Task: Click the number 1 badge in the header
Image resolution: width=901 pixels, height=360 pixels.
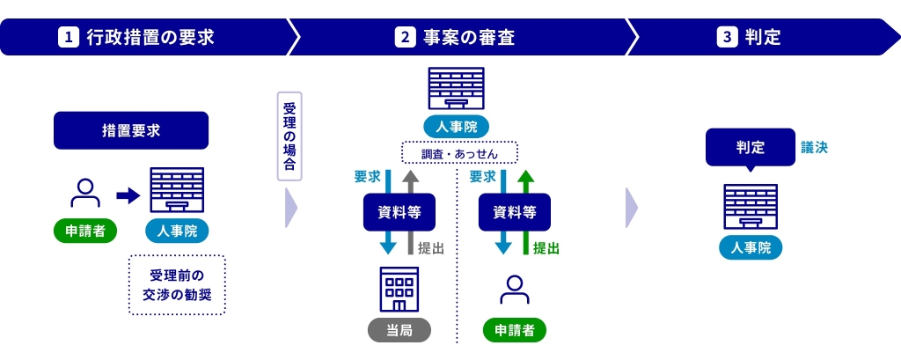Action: click(x=68, y=38)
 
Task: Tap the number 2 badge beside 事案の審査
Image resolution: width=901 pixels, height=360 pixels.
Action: click(x=405, y=38)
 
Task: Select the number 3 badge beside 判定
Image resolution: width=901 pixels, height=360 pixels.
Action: click(x=727, y=38)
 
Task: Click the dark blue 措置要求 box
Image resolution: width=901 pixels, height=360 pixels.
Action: click(x=131, y=130)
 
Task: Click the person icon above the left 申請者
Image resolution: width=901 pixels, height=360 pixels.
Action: click(x=84, y=193)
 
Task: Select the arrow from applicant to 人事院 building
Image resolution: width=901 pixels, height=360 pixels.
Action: click(x=128, y=195)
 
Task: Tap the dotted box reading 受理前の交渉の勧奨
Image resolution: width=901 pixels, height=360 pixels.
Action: click(x=177, y=283)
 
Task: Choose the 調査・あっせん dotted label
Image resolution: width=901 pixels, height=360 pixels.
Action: click(x=459, y=153)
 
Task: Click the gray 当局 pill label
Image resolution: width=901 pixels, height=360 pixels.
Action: click(x=399, y=330)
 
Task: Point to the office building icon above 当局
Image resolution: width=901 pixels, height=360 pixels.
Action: click(x=399, y=289)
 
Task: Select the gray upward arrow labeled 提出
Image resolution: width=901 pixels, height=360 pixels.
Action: click(x=411, y=211)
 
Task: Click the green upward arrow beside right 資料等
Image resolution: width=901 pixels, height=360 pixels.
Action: click(x=526, y=211)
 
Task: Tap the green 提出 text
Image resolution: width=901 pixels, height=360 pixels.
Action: click(x=546, y=249)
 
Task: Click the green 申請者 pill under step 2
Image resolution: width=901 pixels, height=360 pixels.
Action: click(x=514, y=330)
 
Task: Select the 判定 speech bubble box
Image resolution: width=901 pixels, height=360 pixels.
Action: click(x=750, y=148)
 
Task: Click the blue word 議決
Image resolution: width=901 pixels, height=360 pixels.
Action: click(x=814, y=147)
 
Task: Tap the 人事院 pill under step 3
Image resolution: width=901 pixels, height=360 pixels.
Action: click(x=750, y=248)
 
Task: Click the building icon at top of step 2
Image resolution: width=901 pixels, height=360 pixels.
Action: click(x=456, y=89)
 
